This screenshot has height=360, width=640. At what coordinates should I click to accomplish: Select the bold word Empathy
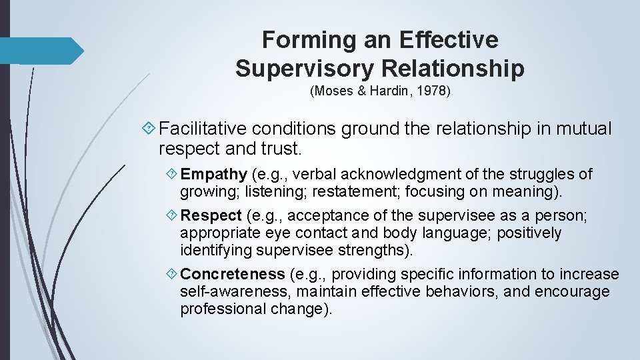point(213,175)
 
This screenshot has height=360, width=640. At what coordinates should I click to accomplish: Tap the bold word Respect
point(211,216)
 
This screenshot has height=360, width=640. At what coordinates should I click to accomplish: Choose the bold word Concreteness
point(233,274)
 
